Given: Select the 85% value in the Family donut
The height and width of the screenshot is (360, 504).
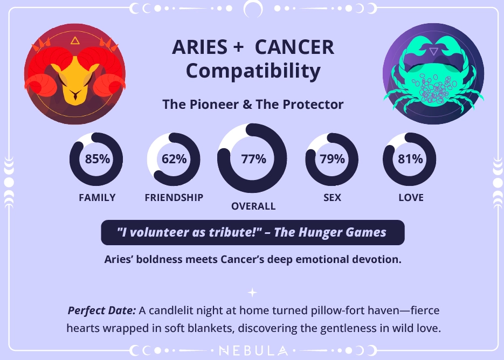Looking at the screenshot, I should coord(97,159).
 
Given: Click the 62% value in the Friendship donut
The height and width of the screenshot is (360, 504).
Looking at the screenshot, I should coord(174,159).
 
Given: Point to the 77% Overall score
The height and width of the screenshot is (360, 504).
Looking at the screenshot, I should coord(253,159).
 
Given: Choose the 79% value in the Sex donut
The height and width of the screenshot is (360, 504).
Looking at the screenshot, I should coord(332,159).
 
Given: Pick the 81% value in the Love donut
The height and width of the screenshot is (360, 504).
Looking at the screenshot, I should coord(410,159).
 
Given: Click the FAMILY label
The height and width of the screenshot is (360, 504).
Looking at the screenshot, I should coord(97,198).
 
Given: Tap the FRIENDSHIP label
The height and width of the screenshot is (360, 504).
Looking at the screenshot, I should coord(174,198).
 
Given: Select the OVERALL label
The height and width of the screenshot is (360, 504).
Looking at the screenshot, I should coord(253,206).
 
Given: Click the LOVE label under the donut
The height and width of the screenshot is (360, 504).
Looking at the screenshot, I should coord(411,198).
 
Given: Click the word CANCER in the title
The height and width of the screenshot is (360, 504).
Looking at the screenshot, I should coord(294,47).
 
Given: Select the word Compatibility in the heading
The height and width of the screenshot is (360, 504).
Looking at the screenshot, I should coord(253,71).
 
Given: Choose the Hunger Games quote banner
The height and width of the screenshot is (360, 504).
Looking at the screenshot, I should coord(252,233).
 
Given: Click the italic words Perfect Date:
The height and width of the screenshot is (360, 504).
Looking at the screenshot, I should coord(101,311).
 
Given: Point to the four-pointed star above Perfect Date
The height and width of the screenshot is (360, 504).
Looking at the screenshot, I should coord(252,293).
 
